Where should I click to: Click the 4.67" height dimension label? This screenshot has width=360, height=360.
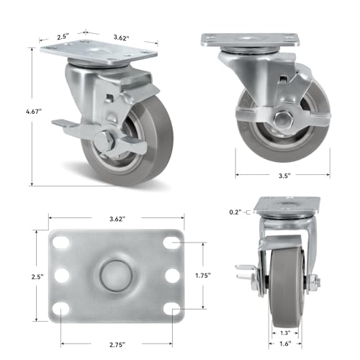(34, 112)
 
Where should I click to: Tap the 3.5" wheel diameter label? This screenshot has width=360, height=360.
(284, 176)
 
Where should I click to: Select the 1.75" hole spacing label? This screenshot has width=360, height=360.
(203, 276)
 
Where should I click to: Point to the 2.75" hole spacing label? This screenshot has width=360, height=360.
(117, 345)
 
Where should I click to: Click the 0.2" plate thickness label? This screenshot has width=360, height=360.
(235, 212)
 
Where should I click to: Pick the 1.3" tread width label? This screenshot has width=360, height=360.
(285, 333)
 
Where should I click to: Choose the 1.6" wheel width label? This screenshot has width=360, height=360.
(285, 343)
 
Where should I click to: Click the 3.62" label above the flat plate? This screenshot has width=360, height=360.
(117, 219)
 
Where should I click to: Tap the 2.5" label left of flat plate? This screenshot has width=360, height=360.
(37, 276)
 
